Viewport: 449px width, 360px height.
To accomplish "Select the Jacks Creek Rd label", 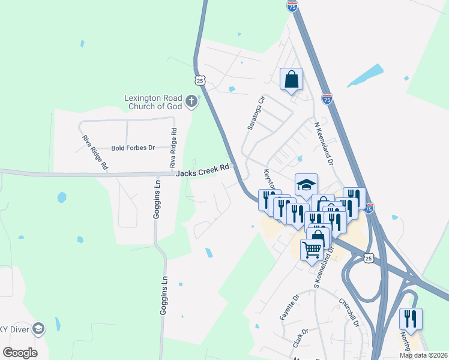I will pyautogui.click(x=203, y=170).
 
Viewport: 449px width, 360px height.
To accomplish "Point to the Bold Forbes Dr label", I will pyautogui.click(x=133, y=148).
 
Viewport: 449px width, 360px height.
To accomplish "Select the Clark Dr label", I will pyautogui.click(x=300, y=338).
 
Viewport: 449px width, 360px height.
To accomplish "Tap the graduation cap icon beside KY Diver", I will pyautogui.click(x=38, y=328).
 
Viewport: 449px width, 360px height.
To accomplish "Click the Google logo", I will pyautogui.click(x=20, y=352).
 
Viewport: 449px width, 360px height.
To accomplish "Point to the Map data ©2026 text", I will pyautogui.click(x=423, y=355).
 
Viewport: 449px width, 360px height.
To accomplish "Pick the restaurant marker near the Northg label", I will pyautogui.click(x=411, y=318).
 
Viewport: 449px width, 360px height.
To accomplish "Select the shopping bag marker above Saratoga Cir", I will pyautogui.click(x=291, y=79).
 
